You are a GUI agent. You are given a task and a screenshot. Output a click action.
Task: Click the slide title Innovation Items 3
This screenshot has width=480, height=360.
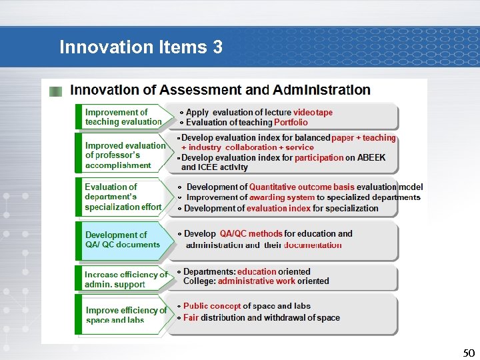coord(141,47)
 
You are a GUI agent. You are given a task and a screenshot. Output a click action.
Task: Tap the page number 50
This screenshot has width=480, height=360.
coord(469,353)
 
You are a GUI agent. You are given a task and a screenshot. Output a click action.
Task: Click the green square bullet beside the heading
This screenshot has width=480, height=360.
coord(57,91)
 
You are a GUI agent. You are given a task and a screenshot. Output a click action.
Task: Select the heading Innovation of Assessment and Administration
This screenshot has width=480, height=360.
coord(220,90)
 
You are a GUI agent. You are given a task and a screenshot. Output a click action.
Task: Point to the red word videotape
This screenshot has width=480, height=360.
coord(313,113)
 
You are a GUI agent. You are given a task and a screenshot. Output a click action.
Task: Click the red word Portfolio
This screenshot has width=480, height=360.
coord(291,123)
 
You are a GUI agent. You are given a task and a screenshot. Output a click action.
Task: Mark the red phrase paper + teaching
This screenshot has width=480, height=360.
coord(363,138)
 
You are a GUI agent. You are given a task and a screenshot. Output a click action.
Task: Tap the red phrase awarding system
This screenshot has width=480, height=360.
coord(281,197)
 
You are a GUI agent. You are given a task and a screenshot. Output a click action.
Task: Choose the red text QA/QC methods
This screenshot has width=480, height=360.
coord(251,234)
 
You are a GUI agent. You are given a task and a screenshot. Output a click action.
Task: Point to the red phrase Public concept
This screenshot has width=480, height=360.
coord(213,306)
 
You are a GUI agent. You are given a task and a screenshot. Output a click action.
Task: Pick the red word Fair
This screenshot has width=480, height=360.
coord(191,317)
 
